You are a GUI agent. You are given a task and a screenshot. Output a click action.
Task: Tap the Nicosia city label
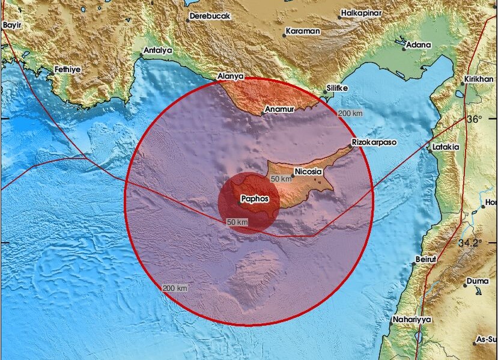[x=309, y=172]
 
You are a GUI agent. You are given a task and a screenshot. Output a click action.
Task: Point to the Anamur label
[x=279, y=110]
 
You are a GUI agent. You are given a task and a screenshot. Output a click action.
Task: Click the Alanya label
[x=230, y=76]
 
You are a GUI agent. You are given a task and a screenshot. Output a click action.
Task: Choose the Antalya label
[x=157, y=50]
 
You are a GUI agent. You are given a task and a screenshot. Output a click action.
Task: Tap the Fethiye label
[x=67, y=69]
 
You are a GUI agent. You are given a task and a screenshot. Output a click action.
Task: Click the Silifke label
[x=336, y=88]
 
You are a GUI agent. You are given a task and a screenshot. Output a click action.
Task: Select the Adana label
[x=419, y=44]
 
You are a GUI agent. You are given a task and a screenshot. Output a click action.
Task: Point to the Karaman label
[x=303, y=31]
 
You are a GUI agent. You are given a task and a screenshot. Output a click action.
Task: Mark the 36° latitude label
[x=475, y=119]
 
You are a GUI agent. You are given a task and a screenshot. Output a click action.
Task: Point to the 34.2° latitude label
[x=470, y=243]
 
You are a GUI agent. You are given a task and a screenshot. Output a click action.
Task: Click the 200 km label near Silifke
[x=351, y=113]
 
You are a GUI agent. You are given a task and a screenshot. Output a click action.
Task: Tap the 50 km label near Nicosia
[x=281, y=179]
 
